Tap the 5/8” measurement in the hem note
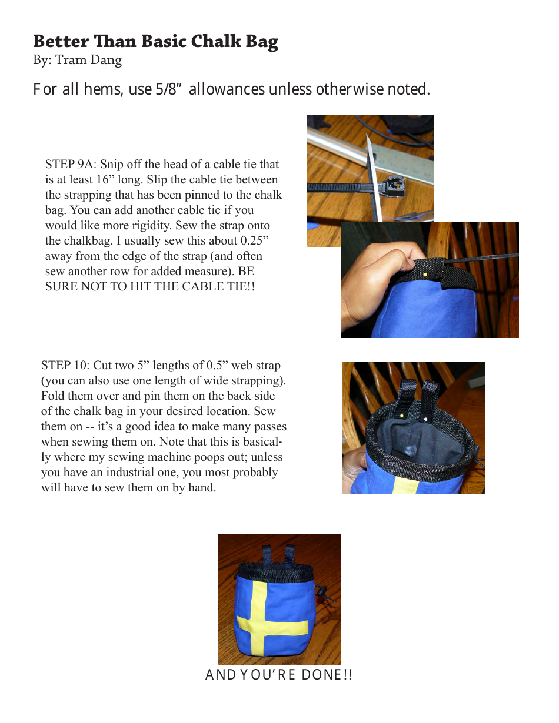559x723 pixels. (x=170, y=89)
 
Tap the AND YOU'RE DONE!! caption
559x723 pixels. (x=279, y=675)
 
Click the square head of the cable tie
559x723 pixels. (x=391, y=187)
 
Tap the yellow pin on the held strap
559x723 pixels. (x=425, y=275)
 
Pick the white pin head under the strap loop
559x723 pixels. (x=425, y=419)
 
